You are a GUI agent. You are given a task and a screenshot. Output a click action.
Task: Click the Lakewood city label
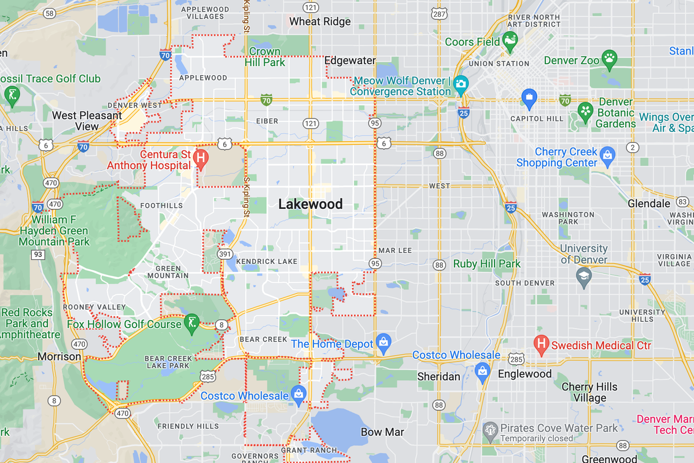tap(311, 204)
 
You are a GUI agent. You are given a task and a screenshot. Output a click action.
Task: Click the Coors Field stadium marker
tap(510, 39)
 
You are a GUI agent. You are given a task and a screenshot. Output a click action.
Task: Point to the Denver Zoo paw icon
tap(609, 57)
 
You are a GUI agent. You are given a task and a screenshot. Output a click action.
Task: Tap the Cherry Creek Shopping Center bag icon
tap(607, 155)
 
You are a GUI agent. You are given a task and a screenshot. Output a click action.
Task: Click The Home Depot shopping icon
tap(382, 341)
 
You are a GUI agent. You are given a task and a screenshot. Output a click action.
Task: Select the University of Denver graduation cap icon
tap(584, 276)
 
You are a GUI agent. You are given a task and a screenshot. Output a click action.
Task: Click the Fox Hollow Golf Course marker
tap(191, 322)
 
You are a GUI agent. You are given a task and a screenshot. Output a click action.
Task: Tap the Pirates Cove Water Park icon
tap(490, 429)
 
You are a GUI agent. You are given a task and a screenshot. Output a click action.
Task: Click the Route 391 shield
tap(224, 254)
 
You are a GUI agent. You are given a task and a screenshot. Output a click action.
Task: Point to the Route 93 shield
tap(38, 255)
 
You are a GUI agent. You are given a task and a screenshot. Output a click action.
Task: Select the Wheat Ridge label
tap(320, 21)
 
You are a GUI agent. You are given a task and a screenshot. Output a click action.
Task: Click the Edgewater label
tap(350, 60)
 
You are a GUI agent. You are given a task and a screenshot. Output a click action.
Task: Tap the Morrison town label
tap(59, 357)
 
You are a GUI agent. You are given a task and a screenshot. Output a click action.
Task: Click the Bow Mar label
tap(382, 432)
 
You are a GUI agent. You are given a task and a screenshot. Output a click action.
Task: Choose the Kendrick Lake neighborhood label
tap(267, 262)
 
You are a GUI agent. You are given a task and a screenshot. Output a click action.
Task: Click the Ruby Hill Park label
tap(486, 264)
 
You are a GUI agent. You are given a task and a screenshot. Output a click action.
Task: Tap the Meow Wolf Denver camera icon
tap(460, 83)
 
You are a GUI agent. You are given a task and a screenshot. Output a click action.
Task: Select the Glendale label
tap(649, 204)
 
